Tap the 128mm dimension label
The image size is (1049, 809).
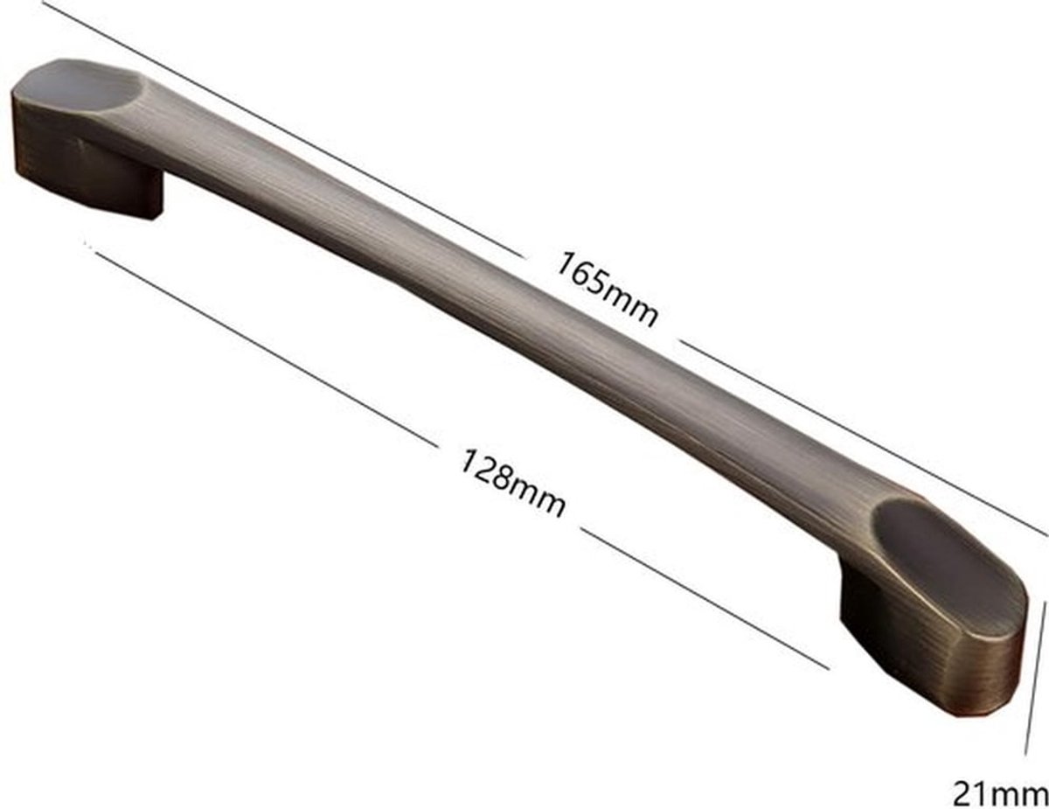(512, 484)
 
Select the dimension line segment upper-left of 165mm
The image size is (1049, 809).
(285, 128)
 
